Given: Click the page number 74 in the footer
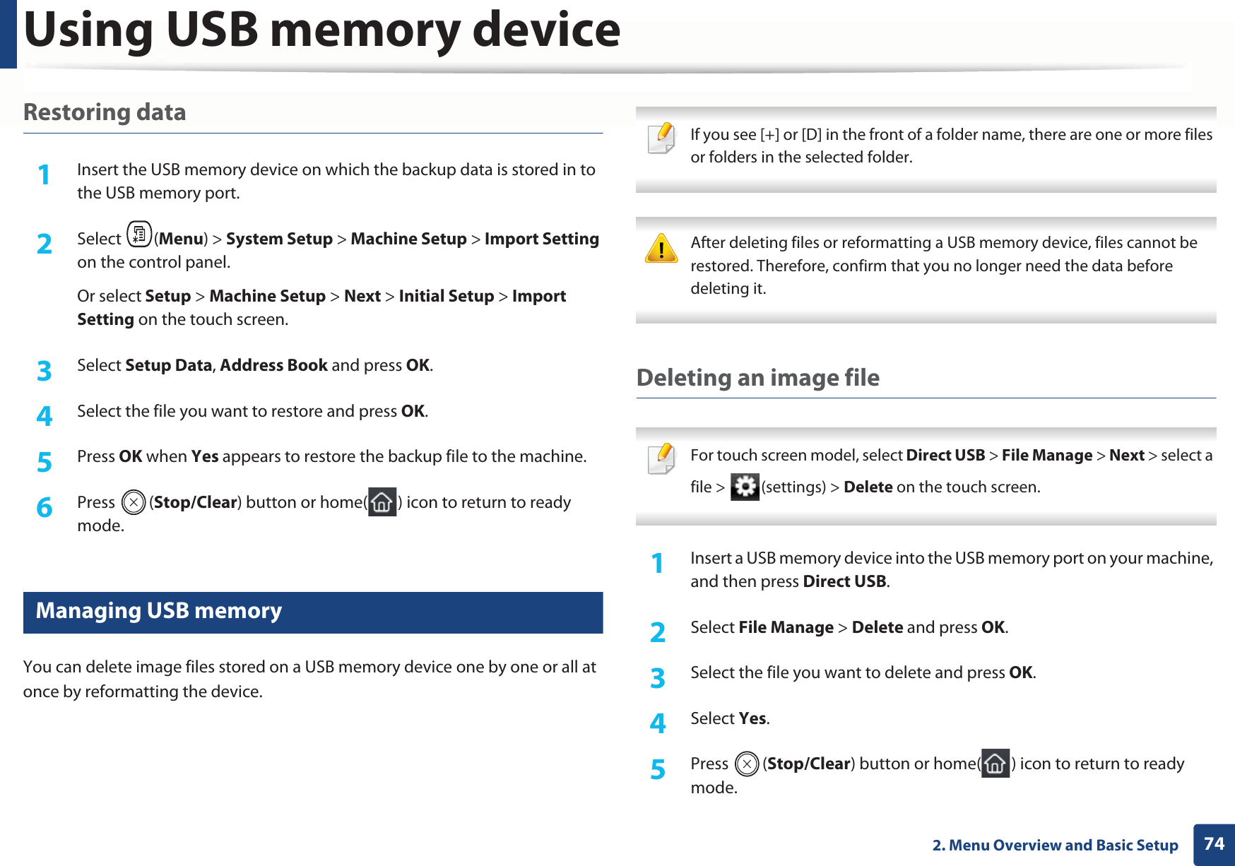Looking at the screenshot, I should pyautogui.click(x=1214, y=844).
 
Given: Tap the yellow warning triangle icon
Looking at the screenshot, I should pyautogui.click(x=661, y=249).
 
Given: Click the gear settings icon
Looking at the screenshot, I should pyautogui.click(x=745, y=487).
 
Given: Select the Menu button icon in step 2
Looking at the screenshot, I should pyautogui.click(x=139, y=235).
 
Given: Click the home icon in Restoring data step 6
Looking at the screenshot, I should pyautogui.click(x=382, y=502).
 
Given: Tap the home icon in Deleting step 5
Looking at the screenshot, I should pyautogui.click(x=995, y=764).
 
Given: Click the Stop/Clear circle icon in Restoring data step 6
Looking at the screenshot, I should pyautogui.click(x=133, y=503).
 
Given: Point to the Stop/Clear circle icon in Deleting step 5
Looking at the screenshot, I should pyautogui.click(x=746, y=764).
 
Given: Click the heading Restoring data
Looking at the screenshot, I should pyautogui.click(x=105, y=112).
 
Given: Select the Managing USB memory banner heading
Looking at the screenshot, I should pyautogui.click(x=159, y=611).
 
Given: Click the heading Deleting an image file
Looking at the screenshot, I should pyautogui.click(x=757, y=378).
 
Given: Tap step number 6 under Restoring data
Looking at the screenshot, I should pyautogui.click(x=45, y=507).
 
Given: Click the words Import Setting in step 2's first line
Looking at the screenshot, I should pyautogui.click(x=541, y=239).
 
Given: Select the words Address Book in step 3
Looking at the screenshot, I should pyautogui.click(x=273, y=365).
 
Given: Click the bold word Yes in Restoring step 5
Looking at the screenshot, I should pyautogui.click(x=205, y=456).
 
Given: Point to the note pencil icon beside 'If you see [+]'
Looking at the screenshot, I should pyautogui.click(x=661, y=138).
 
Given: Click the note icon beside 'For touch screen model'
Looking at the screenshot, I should pyautogui.click(x=661, y=458).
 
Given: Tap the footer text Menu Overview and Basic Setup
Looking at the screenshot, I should pyautogui.click(x=1063, y=846).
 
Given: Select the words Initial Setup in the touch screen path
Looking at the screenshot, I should pyautogui.click(x=446, y=296).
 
